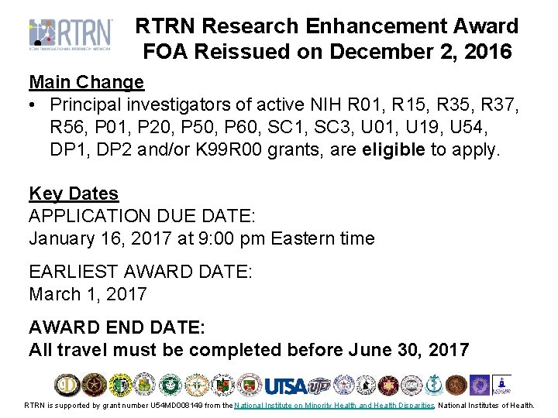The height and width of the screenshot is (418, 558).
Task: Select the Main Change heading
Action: click(x=86, y=82)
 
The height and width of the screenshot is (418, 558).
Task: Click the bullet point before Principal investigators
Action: click(x=34, y=104)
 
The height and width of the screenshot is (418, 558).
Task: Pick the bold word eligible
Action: click(x=394, y=149)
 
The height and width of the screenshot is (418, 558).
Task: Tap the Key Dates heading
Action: click(x=74, y=194)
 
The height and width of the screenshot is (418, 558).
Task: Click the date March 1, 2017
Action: click(x=88, y=294)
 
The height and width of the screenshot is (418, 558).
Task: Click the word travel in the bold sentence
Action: click(x=81, y=350)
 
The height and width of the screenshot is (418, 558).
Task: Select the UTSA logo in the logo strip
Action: click(x=287, y=385)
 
